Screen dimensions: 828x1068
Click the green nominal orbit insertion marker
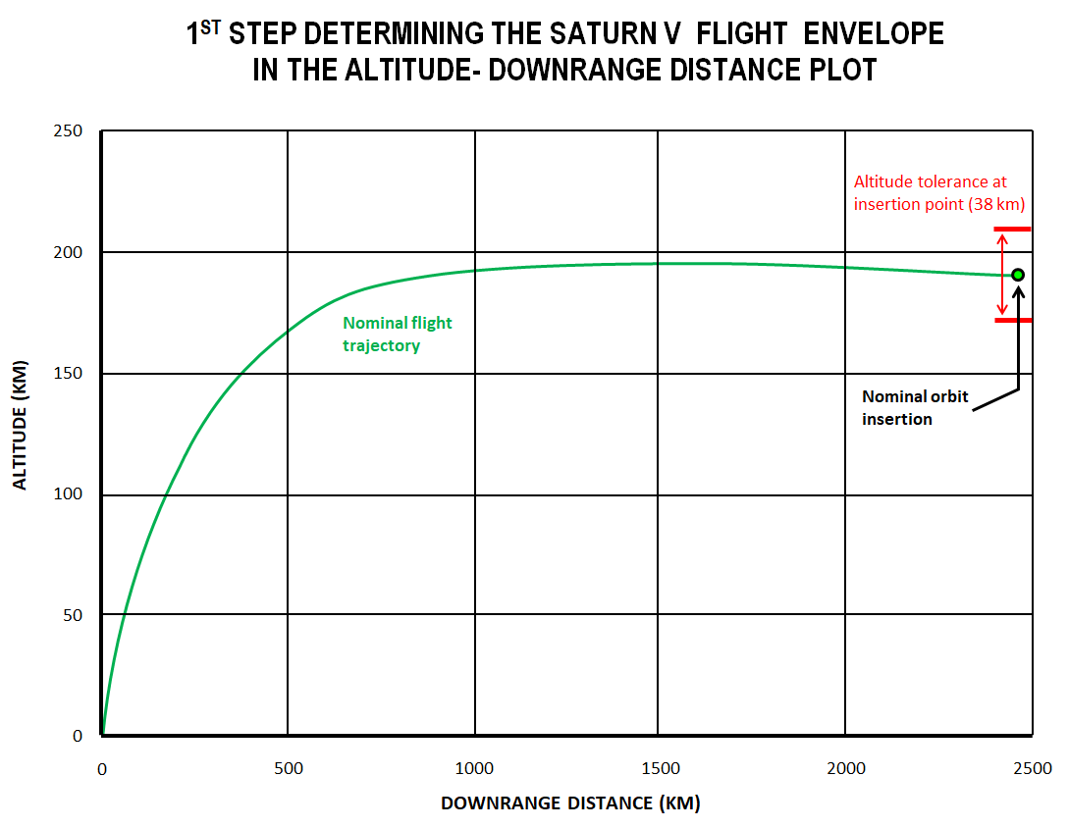tap(1018, 275)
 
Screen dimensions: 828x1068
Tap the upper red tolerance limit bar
tap(1013, 230)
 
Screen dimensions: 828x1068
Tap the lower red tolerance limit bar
tap(1013, 320)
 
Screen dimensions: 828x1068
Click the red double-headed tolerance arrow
tap(1001, 275)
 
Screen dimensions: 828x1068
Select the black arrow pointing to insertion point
tap(1018, 343)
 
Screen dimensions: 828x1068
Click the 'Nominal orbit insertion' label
tap(914, 407)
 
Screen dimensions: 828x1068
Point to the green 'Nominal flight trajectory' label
tap(397, 334)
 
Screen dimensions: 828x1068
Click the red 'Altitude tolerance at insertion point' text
tap(938, 193)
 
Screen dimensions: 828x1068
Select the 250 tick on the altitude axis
tap(70, 131)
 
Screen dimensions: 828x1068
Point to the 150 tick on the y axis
tap(70, 374)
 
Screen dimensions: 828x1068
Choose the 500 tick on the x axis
tap(288, 769)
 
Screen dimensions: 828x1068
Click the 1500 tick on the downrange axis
tap(659, 769)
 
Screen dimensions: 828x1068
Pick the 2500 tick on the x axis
tap(1031, 769)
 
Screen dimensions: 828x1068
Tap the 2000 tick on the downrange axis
tap(845, 769)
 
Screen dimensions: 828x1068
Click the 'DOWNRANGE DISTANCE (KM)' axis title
tap(570, 803)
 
